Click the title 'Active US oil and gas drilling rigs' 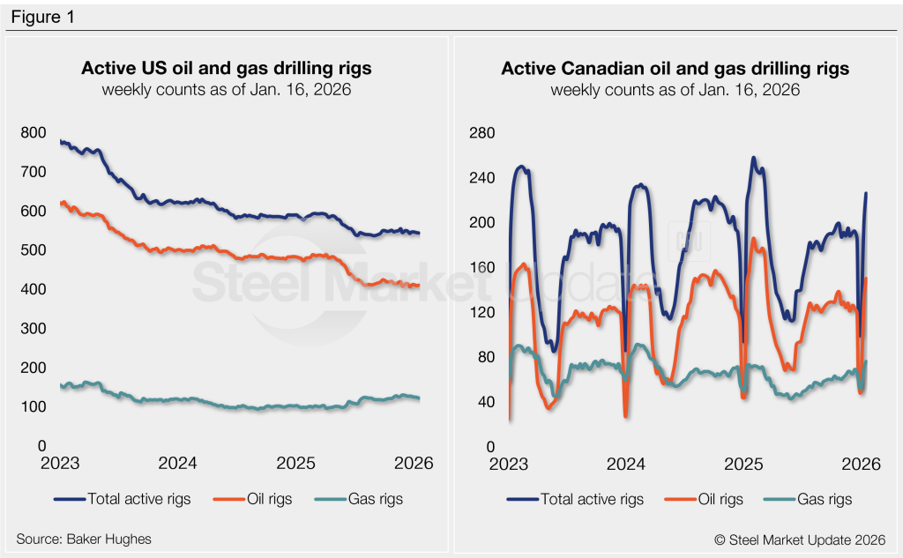(226, 69)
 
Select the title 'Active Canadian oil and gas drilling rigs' (675, 69)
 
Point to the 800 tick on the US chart (33, 133)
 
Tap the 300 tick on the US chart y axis (33, 329)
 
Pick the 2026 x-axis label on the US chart (412, 464)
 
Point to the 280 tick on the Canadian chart (482, 133)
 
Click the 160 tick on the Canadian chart (482, 268)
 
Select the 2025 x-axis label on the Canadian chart (743, 464)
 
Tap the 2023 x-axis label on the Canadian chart (509, 464)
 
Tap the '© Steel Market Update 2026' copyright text (801, 538)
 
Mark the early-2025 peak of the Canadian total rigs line (754, 159)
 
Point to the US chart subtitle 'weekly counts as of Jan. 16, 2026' (226, 90)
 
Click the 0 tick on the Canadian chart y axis (489, 447)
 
